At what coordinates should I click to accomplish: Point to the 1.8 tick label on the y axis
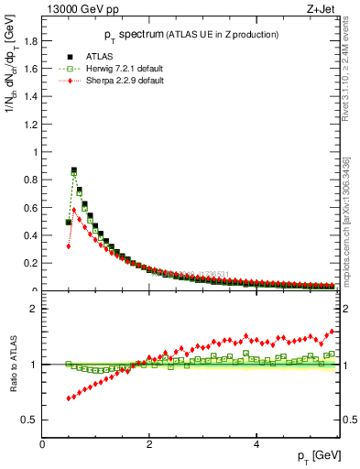[29, 41]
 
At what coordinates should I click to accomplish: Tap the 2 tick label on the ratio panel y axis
[33, 309]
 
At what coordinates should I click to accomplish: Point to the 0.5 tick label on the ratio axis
[29, 420]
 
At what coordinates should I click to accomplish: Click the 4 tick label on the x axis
[256, 444]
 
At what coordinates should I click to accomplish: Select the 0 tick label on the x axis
[42, 444]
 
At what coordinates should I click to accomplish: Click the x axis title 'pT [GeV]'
[317, 455]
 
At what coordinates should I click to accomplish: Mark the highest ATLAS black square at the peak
[74, 170]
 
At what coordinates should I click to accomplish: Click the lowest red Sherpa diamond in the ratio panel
[69, 398]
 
